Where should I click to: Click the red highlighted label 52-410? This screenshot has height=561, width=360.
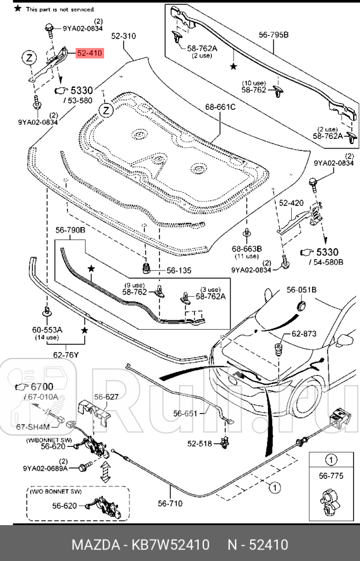pyautogui.click(x=90, y=53)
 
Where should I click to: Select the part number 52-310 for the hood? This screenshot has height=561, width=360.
pyautogui.click(x=123, y=36)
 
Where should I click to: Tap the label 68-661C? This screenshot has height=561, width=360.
pyautogui.click(x=220, y=107)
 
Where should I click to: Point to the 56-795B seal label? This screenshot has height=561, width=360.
pyautogui.click(x=273, y=35)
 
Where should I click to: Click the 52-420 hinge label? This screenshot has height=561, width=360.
pyautogui.click(x=291, y=203)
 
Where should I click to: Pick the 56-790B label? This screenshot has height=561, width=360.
pyautogui.click(x=70, y=230)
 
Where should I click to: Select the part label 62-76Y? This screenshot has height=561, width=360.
pyautogui.click(x=65, y=355)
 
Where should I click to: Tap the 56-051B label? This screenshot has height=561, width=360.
pyautogui.click(x=302, y=289)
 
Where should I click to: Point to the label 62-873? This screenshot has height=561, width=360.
pyautogui.click(x=304, y=334)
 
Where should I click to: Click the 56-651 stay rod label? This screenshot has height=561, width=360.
pyautogui.click(x=185, y=414)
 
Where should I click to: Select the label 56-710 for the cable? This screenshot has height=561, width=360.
pyautogui.click(x=170, y=503)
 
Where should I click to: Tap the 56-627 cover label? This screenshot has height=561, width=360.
pyautogui.click(x=106, y=397)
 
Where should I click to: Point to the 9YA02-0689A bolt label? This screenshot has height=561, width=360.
pyautogui.click(x=46, y=468)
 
